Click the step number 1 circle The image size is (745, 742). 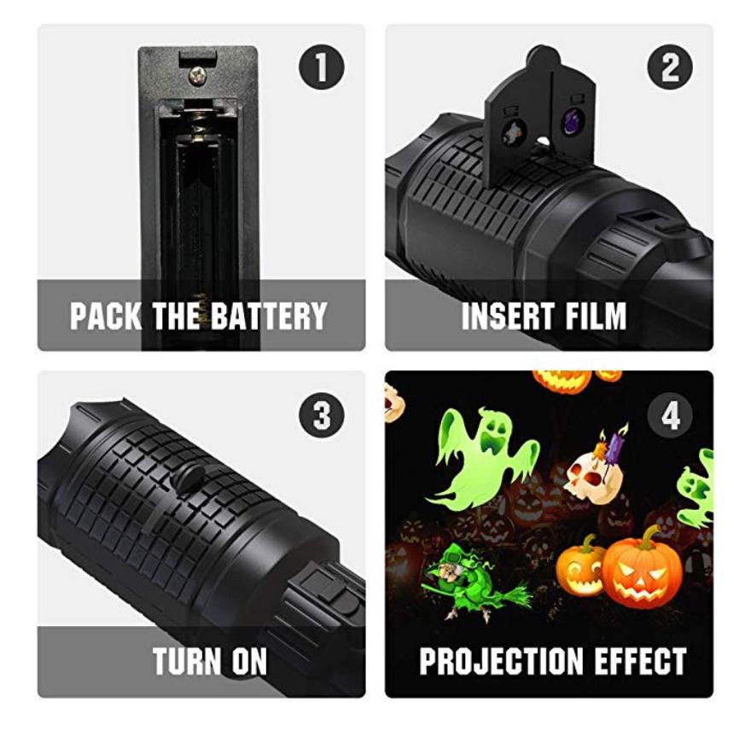click(x=321, y=67)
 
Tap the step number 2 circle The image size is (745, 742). click(x=669, y=67)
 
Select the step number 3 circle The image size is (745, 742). click(x=321, y=414)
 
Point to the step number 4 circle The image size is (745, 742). click(x=669, y=414)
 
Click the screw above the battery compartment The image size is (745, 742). click(x=197, y=75)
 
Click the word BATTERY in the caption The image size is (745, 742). click(x=269, y=316)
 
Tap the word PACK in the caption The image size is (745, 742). click(x=106, y=316)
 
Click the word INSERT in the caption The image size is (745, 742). click(x=508, y=316)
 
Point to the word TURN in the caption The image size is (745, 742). click(x=187, y=661)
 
